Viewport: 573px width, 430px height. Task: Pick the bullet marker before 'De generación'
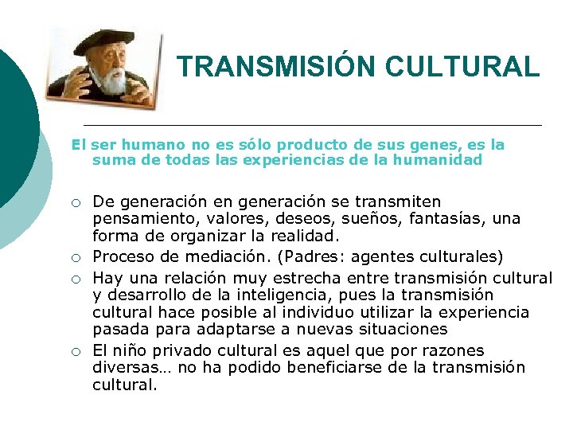(74, 202)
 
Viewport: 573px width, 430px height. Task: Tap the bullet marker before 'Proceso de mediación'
(74, 257)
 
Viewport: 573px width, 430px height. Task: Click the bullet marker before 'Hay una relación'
(74, 278)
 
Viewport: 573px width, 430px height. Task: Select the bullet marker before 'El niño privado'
(74, 351)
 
